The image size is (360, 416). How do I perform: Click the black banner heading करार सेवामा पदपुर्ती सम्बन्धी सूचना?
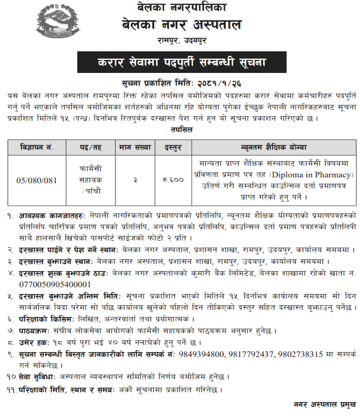pos(182,63)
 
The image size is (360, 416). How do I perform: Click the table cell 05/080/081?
pos(37,180)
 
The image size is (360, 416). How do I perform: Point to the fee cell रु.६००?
pos(173,180)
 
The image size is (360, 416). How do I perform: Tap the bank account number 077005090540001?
pos(55,285)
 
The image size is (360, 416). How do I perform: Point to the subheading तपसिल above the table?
pos(181,129)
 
